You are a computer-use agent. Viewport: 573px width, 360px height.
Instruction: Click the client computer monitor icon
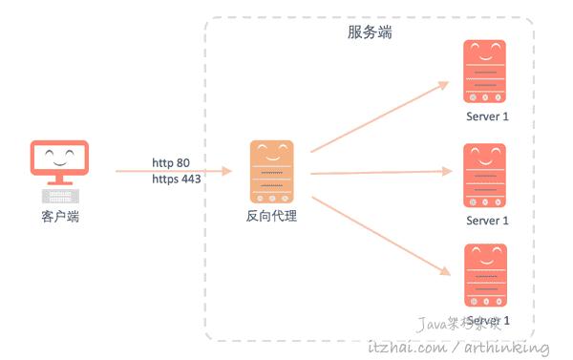59,161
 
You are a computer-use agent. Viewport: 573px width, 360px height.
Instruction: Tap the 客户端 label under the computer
59,218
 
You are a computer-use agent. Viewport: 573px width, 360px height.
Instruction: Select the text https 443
176,179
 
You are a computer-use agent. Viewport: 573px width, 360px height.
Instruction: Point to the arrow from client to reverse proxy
172,171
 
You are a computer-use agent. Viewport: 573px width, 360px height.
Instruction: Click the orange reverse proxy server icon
271,172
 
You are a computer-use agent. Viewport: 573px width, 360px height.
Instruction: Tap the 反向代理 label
271,217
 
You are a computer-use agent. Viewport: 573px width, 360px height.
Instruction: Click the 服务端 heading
370,32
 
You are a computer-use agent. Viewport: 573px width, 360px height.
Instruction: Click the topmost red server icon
485,71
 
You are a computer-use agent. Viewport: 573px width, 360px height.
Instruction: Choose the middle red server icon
485,175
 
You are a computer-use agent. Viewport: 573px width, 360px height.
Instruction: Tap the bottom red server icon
485,275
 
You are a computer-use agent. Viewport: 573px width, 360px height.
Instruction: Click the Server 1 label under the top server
487,116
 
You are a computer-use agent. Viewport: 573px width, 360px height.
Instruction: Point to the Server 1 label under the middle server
487,221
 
